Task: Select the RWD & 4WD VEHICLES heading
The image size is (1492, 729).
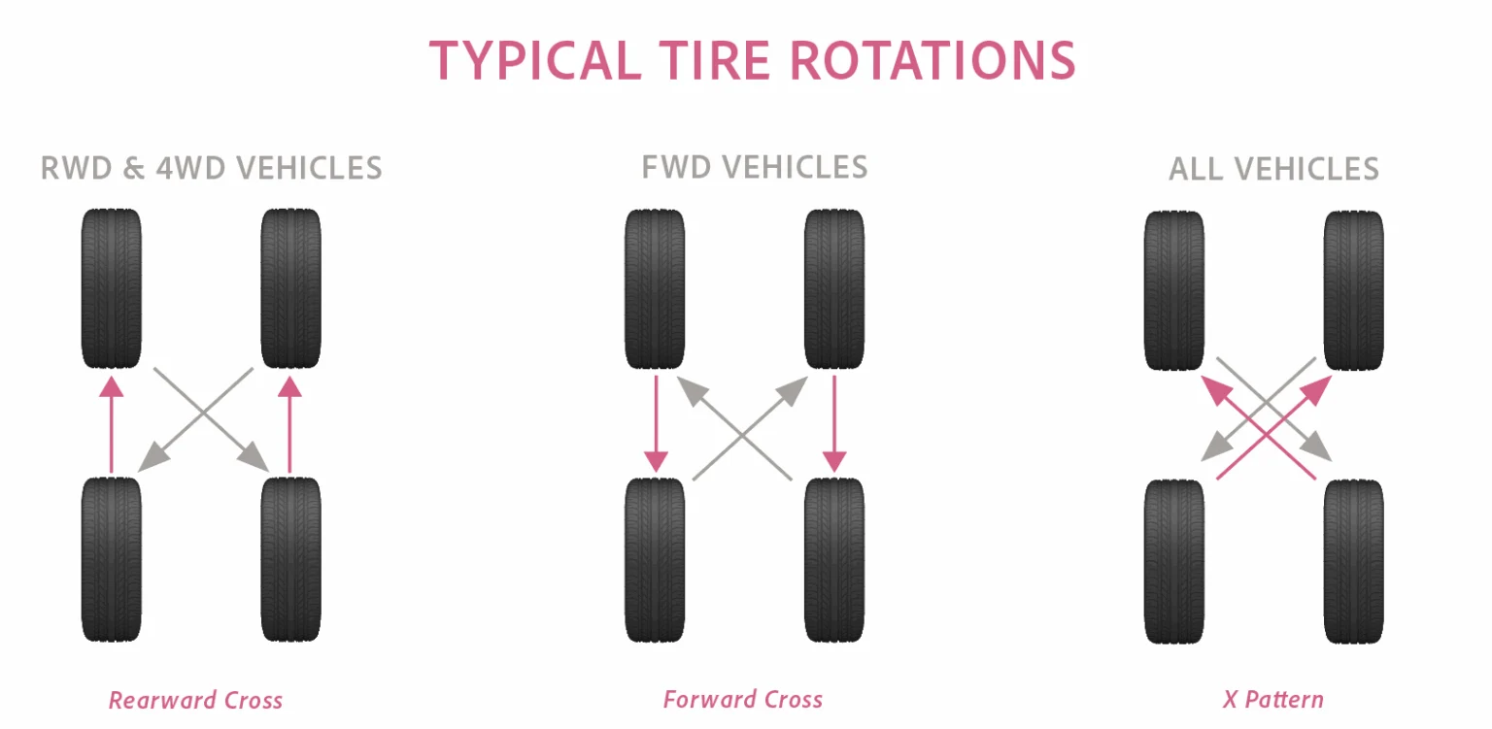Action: (211, 168)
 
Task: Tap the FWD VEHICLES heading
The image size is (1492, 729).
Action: (755, 167)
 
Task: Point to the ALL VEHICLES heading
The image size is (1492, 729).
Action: (1273, 169)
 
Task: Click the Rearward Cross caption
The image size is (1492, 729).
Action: (195, 700)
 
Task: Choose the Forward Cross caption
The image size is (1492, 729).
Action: (743, 699)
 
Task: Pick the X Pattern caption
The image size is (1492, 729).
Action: (1272, 699)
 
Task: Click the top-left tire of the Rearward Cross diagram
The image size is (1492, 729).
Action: (112, 289)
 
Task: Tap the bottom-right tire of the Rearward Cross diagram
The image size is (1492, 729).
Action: (290, 559)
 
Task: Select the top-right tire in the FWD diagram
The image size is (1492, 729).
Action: (834, 289)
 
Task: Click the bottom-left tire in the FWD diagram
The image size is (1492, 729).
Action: (655, 559)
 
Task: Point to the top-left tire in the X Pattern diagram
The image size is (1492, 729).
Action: (1174, 289)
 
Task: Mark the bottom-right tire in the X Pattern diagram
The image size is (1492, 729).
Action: (1354, 559)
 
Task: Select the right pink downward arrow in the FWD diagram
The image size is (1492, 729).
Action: (834, 423)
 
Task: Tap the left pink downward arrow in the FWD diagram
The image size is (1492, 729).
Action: (656, 423)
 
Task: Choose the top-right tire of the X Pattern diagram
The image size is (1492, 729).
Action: (1354, 289)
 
